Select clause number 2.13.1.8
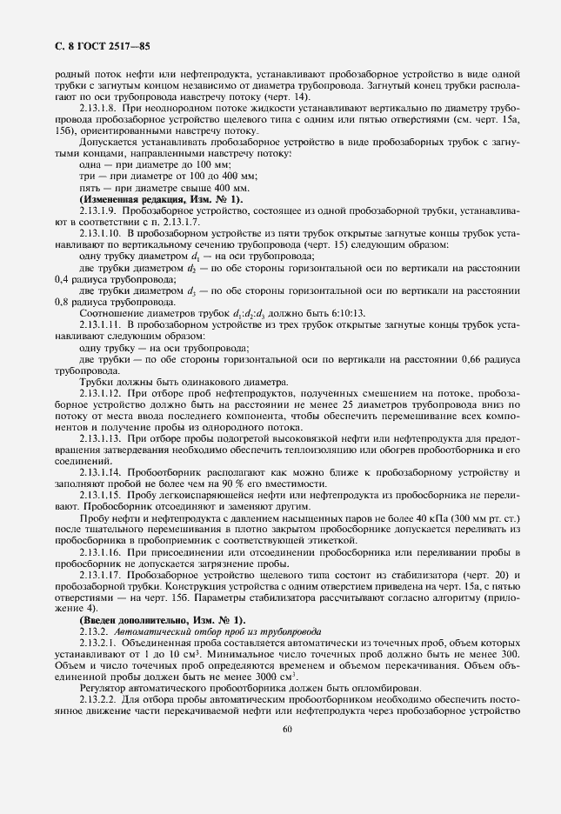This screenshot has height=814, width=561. pos(97,107)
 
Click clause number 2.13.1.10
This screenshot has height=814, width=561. pos(100,234)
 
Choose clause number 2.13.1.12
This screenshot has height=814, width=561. pos(100,392)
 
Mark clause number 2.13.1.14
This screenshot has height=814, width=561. pos(100,471)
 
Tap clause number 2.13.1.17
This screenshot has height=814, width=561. pos(100,574)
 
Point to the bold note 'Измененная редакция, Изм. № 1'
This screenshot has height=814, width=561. pos(161,200)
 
